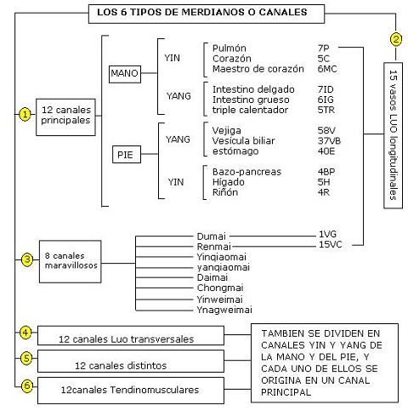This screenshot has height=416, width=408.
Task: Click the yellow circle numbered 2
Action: pyautogui.click(x=396, y=39)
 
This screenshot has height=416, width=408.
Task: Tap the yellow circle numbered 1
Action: pyautogui.click(x=25, y=114)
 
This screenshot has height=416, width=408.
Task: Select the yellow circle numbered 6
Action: pyautogui.click(x=27, y=385)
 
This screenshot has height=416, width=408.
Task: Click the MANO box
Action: pyautogui.click(x=125, y=74)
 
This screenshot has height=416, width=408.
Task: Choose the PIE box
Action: pyautogui.click(x=127, y=155)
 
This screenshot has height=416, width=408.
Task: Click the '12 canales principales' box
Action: pyautogui.click(x=65, y=117)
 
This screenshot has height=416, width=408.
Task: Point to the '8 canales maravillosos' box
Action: pyautogui.click(x=71, y=261)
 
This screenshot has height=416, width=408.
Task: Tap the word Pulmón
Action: pyautogui.click(x=229, y=48)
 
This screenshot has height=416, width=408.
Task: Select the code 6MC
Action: pyautogui.click(x=327, y=69)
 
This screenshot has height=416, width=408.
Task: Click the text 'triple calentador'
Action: pyautogui.click(x=250, y=110)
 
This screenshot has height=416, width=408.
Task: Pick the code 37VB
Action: pyautogui.click(x=329, y=141)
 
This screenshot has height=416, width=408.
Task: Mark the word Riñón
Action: pyautogui.click(x=225, y=192)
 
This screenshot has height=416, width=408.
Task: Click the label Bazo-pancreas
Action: pyautogui.click(x=246, y=172)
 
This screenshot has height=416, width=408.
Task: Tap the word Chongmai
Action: pyautogui.click(x=220, y=288)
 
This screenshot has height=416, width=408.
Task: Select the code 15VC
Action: pyautogui.click(x=331, y=244)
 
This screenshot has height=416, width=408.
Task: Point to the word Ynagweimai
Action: pyautogui.click(x=224, y=310)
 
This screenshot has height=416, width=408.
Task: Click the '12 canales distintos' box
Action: pyautogui.click(x=131, y=361)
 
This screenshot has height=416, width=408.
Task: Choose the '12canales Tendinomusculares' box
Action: pyautogui.click(x=131, y=390)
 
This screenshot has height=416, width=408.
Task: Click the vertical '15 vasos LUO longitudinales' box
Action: pyautogui.click(x=393, y=135)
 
